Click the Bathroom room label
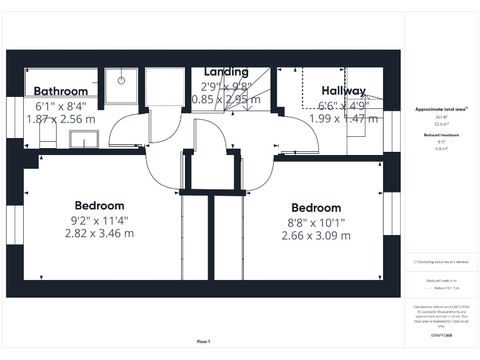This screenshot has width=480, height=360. click(x=61, y=91)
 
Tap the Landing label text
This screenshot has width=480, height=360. click(x=226, y=72)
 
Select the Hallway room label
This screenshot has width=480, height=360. click(x=343, y=91)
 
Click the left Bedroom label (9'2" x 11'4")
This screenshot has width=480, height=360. click(x=99, y=206)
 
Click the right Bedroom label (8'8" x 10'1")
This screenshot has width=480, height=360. click(x=316, y=208)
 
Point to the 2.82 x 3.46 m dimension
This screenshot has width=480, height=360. click(x=99, y=234)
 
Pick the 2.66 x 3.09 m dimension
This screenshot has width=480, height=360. click(x=316, y=236)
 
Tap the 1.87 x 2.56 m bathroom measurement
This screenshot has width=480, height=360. click(x=61, y=118)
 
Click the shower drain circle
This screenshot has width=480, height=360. click(x=121, y=81)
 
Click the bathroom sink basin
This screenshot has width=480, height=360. click(x=84, y=139)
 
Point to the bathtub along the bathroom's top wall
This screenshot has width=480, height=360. click(x=61, y=76)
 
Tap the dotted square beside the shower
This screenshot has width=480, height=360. click(x=164, y=86)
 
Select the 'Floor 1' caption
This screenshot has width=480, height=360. click(x=204, y=342)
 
